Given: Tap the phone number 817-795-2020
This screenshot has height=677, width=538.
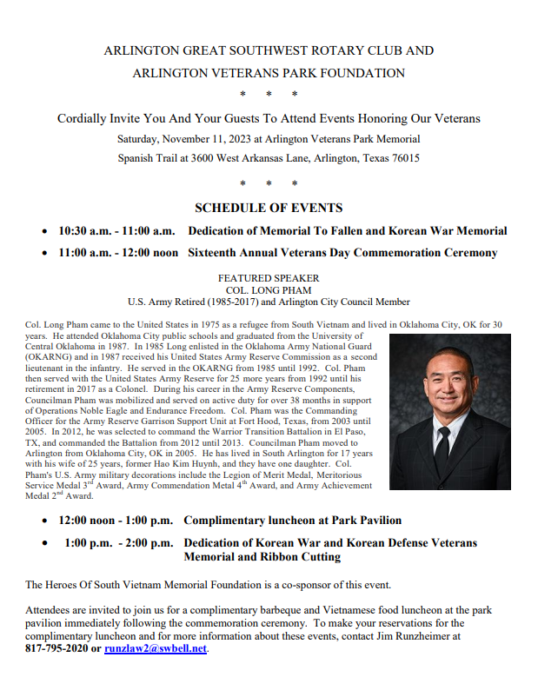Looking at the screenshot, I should [x=56, y=648].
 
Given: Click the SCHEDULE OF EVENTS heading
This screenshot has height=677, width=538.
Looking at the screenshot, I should [x=269, y=208].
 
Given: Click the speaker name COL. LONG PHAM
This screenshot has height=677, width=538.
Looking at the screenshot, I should [x=269, y=290].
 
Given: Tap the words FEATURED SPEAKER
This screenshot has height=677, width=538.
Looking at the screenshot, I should [x=269, y=278].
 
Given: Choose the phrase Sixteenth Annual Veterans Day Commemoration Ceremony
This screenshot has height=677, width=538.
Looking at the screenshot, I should [x=342, y=253].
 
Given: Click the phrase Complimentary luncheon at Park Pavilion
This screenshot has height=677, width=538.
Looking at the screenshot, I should [x=292, y=521].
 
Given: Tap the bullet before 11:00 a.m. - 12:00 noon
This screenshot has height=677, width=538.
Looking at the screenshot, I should [x=44, y=254].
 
